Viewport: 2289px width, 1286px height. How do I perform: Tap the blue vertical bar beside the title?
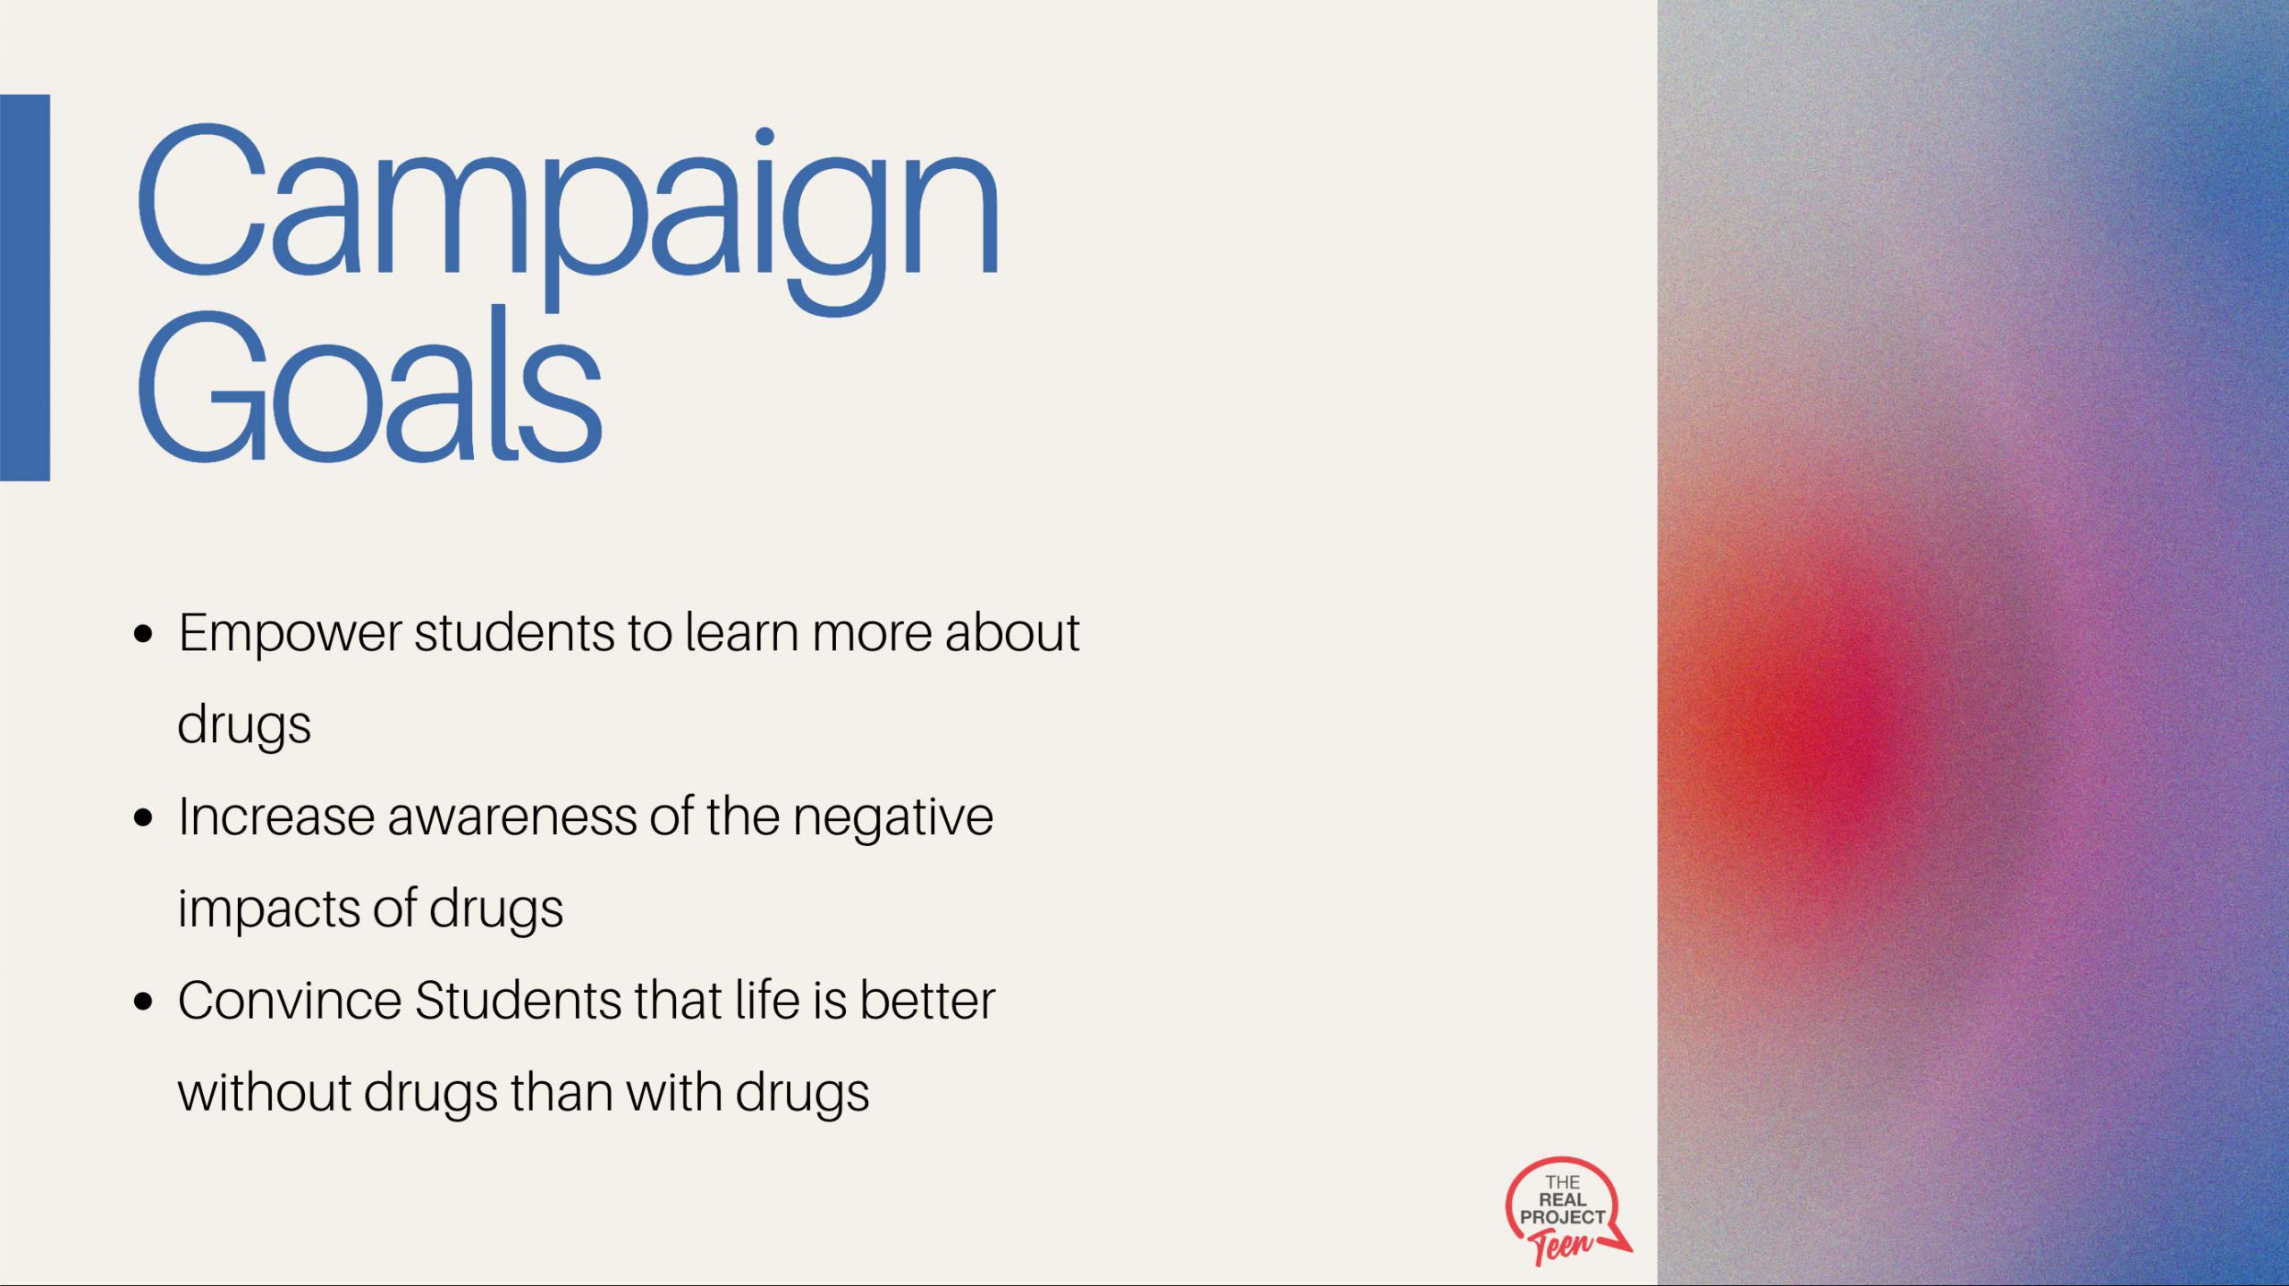pos(25,288)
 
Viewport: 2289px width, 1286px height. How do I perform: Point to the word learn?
pos(741,632)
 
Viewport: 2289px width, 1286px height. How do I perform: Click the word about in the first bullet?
pos(1012,632)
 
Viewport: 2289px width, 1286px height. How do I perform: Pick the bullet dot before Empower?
pos(143,635)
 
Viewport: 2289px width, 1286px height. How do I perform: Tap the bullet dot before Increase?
pos(143,818)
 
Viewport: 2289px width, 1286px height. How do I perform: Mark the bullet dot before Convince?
pos(143,1002)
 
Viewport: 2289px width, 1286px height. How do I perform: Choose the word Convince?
pos(290,1001)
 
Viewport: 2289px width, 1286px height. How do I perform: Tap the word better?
pos(927,1001)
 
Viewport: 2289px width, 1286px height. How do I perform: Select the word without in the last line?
pos(264,1093)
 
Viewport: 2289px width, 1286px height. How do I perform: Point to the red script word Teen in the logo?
pos(1560,1246)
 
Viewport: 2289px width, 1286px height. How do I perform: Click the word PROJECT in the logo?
pos(1562,1217)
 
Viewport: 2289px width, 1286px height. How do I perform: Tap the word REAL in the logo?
pos(1562,1199)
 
